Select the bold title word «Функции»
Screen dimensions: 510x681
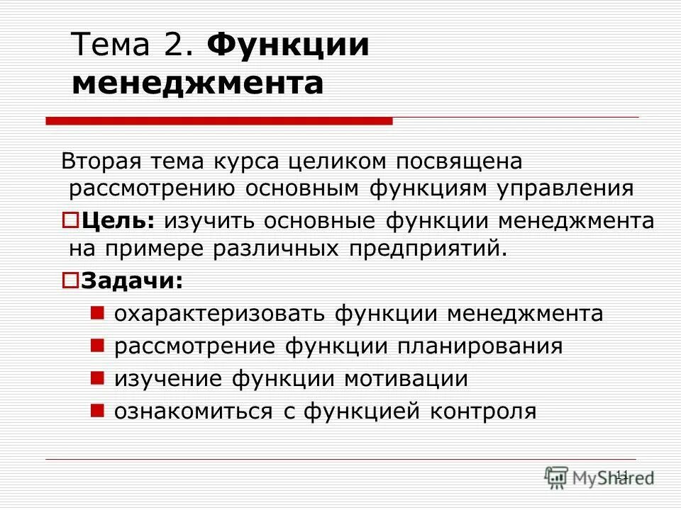click(288, 47)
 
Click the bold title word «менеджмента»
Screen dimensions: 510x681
click(198, 84)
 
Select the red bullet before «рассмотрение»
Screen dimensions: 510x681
click(99, 345)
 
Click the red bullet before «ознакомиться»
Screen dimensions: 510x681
click(99, 409)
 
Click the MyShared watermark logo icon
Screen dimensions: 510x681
click(557, 476)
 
